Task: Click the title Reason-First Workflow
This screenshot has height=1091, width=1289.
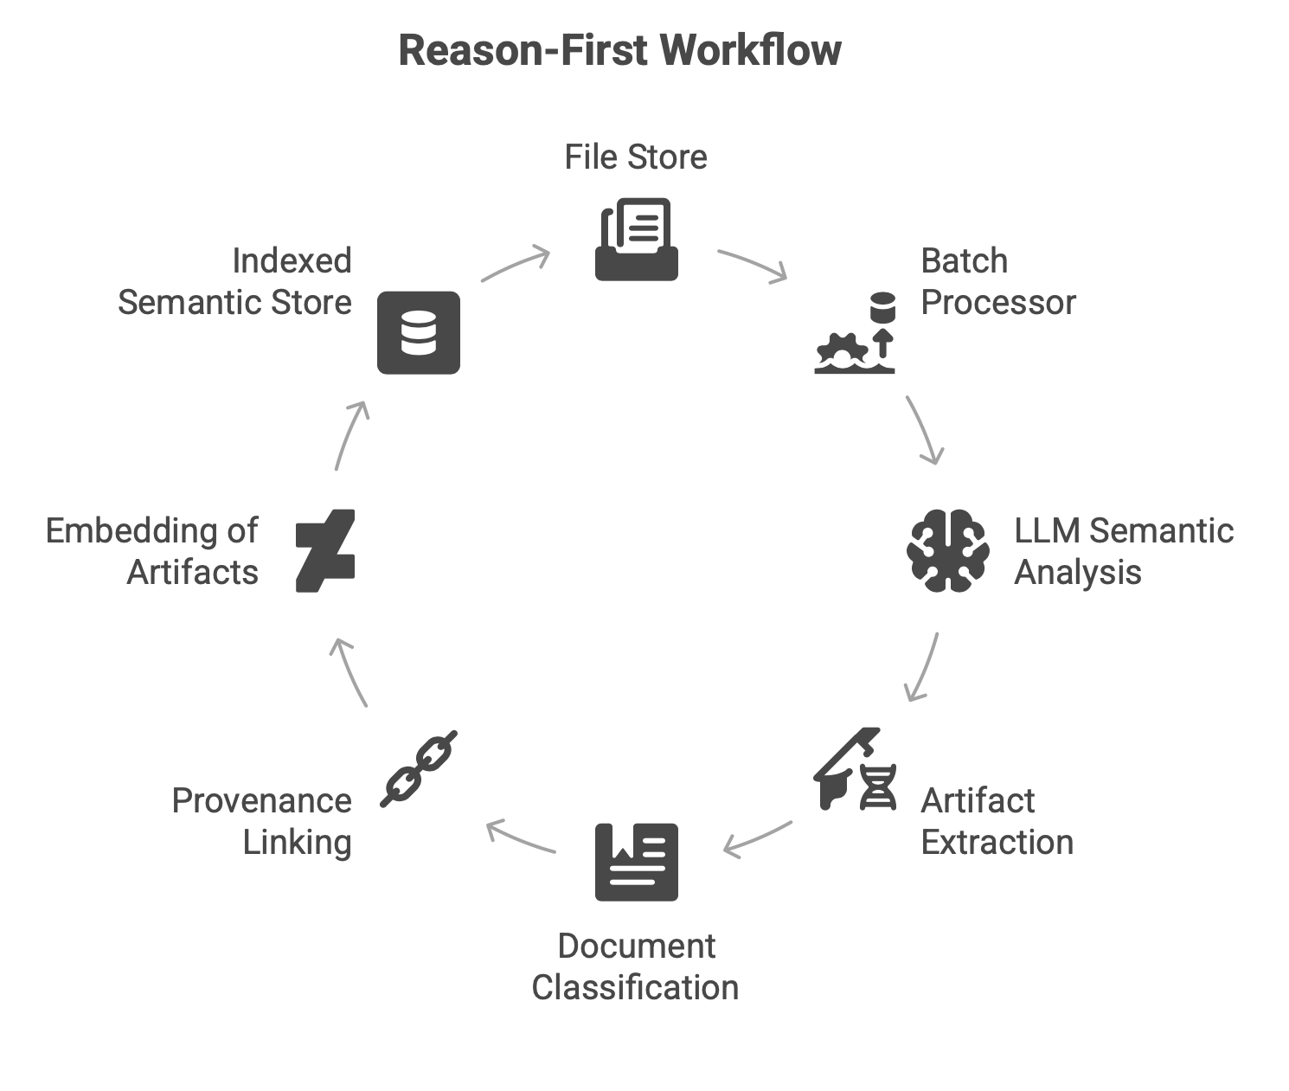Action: pyautogui.click(x=619, y=50)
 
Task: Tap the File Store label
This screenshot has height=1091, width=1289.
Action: pyautogui.click(x=636, y=157)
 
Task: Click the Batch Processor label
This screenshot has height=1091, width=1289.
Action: pyautogui.click(x=997, y=281)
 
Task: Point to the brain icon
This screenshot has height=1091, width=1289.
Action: pyautogui.click(x=948, y=551)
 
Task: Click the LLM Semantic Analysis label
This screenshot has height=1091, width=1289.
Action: pyautogui.click(x=1123, y=551)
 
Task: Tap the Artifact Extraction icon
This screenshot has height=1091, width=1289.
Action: pyautogui.click(x=855, y=769)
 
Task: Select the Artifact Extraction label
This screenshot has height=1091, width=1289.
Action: pyautogui.click(x=997, y=821)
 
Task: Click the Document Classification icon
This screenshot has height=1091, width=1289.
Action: pyautogui.click(x=637, y=862)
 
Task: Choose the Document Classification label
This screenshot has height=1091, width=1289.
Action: pyautogui.click(x=636, y=966)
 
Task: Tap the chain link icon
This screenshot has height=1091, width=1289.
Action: pyautogui.click(x=419, y=769)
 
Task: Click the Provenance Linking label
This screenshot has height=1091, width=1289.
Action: pyautogui.click(x=262, y=821)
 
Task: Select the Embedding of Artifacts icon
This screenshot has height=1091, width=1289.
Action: pyautogui.click(x=325, y=551)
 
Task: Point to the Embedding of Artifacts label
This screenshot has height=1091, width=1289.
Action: pyautogui.click(x=152, y=551)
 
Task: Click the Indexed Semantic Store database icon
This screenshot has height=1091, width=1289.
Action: pyautogui.click(x=419, y=333)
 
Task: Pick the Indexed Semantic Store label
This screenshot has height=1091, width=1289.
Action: pyautogui.click(x=234, y=281)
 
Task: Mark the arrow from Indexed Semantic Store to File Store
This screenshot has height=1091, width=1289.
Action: pyautogui.click(x=516, y=265)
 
